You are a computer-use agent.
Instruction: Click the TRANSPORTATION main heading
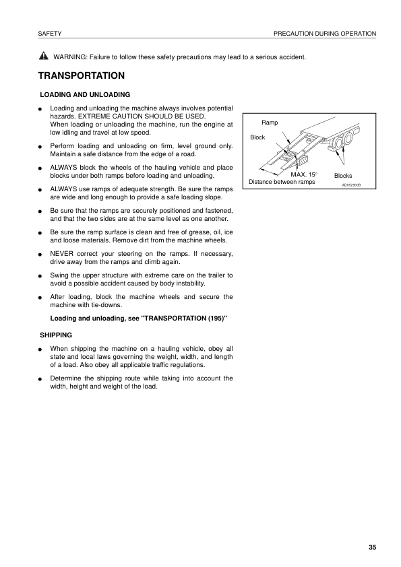(x=82, y=75)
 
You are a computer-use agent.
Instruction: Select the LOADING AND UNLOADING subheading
(x=85, y=94)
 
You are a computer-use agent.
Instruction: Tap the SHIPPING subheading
(x=56, y=334)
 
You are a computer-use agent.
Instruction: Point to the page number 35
(x=372, y=546)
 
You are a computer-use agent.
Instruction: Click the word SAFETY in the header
(x=51, y=33)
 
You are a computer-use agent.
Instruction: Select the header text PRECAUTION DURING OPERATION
(x=325, y=33)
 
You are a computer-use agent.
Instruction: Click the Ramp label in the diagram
(x=270, y=123)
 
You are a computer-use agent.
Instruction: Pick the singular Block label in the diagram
(x=257, y=137)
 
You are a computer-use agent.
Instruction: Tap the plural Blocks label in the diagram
(x=343, y=176)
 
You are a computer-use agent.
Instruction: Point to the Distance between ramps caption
(x=282, y=182)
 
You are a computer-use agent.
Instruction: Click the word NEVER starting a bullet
(x=63, y=254)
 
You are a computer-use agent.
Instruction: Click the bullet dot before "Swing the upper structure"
(x=41, y=275)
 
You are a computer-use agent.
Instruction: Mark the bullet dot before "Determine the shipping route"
(x=41, y=379)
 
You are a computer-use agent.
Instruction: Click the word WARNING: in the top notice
(x=71, y=57)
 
